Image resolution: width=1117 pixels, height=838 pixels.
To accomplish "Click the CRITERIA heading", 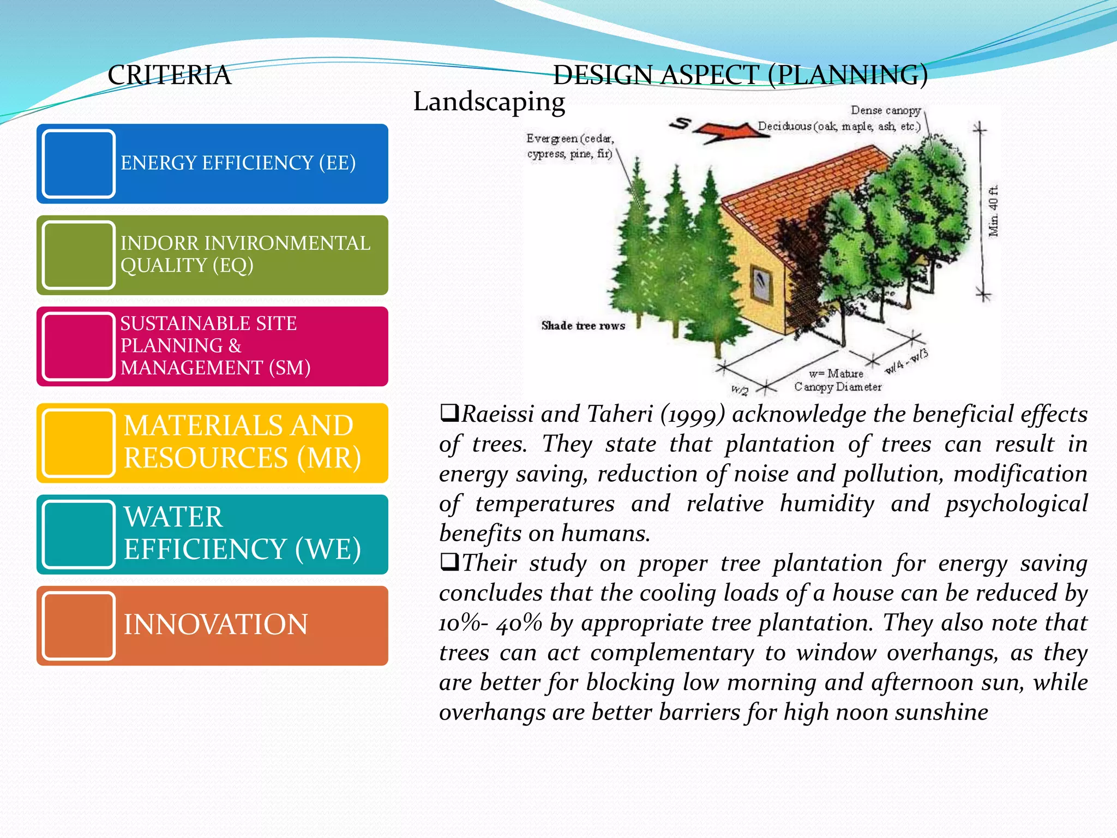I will tap(169, 75).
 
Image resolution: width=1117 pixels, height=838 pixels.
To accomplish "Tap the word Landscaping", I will tap(489, 101).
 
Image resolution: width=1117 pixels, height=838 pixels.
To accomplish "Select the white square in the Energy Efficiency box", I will tap(79, 164).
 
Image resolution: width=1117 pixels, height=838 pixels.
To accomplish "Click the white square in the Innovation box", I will tap(79, 626).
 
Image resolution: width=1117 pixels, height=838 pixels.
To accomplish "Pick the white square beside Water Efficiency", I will tap(79, 535).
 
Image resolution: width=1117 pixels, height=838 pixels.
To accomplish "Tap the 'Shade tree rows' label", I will tap(582, 326).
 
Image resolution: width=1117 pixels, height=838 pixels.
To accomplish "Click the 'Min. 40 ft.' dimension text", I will tap(994, 211).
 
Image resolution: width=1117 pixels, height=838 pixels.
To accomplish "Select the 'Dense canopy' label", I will tap(885, 111).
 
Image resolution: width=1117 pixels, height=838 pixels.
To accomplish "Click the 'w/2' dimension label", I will tap(740, 390).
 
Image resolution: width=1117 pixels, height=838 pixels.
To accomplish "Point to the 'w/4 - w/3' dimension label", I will tap(906, 361).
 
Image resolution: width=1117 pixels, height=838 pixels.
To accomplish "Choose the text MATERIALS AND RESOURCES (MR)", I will tap(242, 442).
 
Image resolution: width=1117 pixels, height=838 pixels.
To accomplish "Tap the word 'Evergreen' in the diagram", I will tap(551, 139).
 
